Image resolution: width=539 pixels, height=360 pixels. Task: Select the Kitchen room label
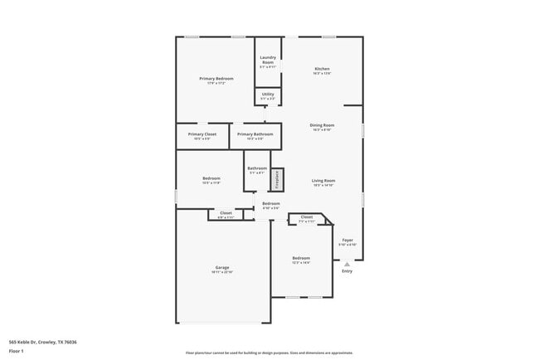[322, 68]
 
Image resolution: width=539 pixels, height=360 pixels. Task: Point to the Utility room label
[267, 94]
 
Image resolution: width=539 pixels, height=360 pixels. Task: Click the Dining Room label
[322, 124]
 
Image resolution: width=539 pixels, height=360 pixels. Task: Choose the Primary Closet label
[202, 134]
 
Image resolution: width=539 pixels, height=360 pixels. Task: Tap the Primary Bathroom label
[255, 134]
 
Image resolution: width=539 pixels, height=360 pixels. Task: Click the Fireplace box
[278, 178]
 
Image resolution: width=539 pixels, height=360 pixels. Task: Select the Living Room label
[323, 180]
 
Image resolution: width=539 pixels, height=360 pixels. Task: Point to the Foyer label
[347, 240]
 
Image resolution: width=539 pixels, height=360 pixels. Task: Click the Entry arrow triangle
[347, 265]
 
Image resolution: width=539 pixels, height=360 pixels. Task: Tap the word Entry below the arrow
[347, 271]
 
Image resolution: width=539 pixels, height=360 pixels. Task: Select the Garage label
[222, 267]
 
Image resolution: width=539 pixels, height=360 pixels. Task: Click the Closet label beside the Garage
[226, 212]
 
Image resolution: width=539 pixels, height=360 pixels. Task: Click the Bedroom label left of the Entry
[300, 258]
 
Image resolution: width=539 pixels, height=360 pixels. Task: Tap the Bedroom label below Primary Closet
[211, 178]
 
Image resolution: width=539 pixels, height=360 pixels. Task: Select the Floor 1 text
[17, 351]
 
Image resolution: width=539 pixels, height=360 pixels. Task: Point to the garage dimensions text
[222, 272]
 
